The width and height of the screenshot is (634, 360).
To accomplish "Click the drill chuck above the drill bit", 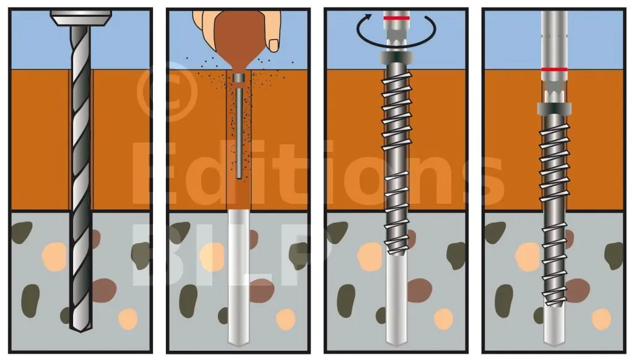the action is (x=81, y=19).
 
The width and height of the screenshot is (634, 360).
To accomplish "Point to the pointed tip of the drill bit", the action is (x=81, y=331).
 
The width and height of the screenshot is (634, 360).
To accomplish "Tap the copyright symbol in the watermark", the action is (x=167, y=92).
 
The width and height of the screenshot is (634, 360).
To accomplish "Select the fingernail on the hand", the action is (x=274, y=45).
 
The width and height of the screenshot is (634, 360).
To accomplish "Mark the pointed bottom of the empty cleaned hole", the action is (x=239, y=343).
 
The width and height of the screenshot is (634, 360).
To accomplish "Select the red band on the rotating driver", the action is (x=397, y=18).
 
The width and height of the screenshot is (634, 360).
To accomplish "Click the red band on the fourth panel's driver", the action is (x=554, y=69).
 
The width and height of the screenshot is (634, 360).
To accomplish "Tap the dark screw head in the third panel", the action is (x=396, y=58).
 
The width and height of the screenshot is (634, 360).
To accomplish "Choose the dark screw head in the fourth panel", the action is (x=554, y=109).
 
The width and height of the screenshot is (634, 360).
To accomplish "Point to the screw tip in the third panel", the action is (x=397, y=252).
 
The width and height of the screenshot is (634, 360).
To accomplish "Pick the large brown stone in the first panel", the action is (x=104, y=290).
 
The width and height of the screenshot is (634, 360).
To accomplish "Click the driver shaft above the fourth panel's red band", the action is (x=554, y=39).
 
